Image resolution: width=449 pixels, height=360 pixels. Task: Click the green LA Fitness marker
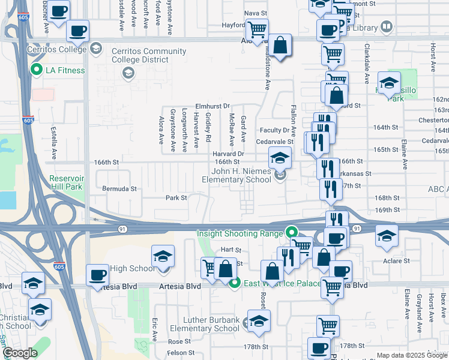click(x=35, y=70)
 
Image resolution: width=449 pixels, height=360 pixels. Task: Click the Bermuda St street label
click(x=119, y=188)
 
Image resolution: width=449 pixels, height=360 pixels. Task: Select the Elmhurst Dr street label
click(x=209, y=106)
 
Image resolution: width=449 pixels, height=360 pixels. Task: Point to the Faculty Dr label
click(x=274, y=130)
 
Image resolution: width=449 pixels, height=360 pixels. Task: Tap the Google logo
click(x=20, y=353)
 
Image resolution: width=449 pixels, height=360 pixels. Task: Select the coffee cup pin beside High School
click(x=98, y=275)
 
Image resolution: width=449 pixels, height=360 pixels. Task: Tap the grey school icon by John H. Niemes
click(x=280, y=175)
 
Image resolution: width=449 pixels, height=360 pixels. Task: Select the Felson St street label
click(x=179, y=352)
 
